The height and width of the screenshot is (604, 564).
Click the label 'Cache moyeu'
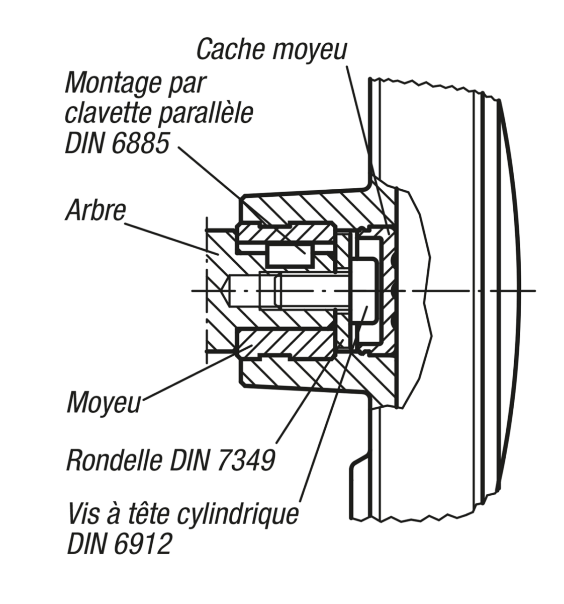271,49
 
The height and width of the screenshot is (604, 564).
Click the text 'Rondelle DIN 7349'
171,459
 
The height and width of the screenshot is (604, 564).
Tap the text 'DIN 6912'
119,544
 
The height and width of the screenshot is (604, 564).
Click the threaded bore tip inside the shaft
225,290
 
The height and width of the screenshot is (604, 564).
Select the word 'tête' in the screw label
150,514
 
